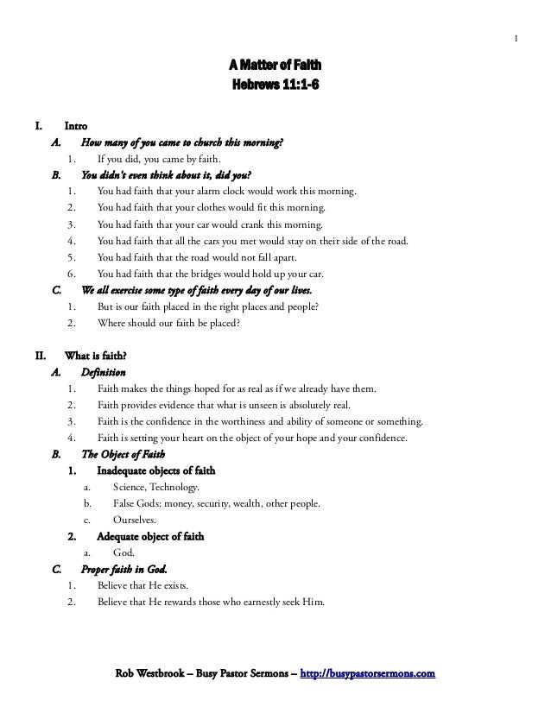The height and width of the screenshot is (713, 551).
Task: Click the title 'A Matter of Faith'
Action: pos(275,66)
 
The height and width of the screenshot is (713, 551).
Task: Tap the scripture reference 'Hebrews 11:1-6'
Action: pos(275,85)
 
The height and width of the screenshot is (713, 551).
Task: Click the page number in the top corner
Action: pos(516,37)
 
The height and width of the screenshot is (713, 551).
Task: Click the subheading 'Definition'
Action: pos(103,373)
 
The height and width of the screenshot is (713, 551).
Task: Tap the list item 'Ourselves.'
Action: pos(135,520)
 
